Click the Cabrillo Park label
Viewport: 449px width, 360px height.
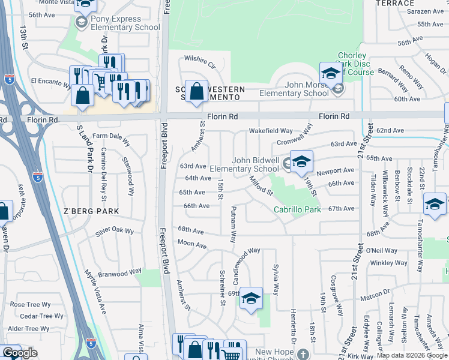tap(298, 209)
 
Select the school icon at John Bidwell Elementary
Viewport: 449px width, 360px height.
tap(302, 161)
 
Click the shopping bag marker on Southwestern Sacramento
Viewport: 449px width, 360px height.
tap(196, 92)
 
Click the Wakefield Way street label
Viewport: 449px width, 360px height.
tap(271, 131)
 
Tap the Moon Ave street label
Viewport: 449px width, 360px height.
tap(192, 244)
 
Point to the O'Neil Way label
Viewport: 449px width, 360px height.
tap(382, 250)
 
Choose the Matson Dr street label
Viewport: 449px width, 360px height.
tap(375, 294)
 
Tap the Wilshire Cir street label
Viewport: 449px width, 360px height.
tap(200, 61)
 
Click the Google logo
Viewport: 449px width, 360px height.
tap(20, 353)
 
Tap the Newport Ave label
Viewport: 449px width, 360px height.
tap(336, 170)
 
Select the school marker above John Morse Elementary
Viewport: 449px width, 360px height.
tap(330, 73)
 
